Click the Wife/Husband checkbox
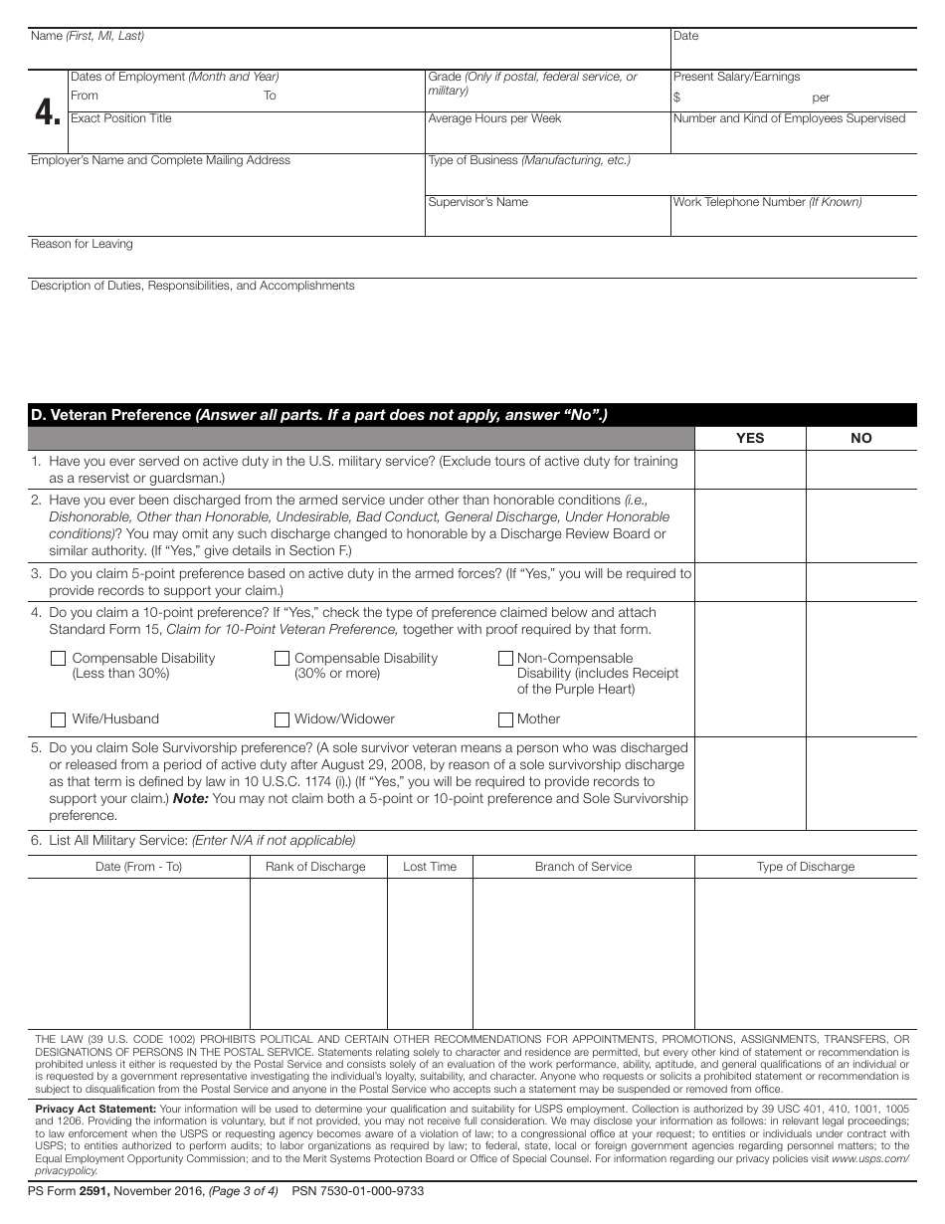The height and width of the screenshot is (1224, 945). point(58,719)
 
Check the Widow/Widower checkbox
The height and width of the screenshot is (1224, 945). point(282,719)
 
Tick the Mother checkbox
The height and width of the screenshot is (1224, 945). point(505,719)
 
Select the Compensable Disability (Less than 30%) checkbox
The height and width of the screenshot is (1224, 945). point(58,659)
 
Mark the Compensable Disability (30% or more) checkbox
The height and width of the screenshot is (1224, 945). point(282,659)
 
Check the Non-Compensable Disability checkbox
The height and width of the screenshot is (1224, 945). point(505,659)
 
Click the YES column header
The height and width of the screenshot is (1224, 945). point(749,438)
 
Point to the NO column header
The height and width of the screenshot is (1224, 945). point(860,438)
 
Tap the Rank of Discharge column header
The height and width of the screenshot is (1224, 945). point(315,867)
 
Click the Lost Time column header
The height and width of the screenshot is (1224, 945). point(430,867)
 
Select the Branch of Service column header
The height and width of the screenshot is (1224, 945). point(583,867)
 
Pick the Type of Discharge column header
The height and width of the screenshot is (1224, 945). point(805,867)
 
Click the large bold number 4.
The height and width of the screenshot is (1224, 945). point(47,112)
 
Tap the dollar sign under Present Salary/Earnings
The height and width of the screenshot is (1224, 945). point(676,98)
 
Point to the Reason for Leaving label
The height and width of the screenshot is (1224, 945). point(82,244)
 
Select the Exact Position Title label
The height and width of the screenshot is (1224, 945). point(120,118)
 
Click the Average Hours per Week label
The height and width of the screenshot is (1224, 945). point(494,118)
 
